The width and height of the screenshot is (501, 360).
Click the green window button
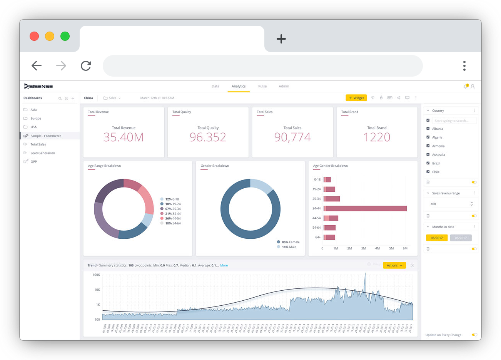[x=65, y=36]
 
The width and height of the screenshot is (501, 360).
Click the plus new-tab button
[x=281, y=39]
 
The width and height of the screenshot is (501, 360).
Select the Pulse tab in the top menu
[x=262, y=86]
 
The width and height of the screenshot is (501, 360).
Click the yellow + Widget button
[x=356, y=98]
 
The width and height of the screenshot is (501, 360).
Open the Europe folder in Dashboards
[x=35, y=118]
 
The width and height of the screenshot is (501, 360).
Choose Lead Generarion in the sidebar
[x=42, y=153]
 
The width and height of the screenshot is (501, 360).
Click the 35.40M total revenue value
[x=124, y=137]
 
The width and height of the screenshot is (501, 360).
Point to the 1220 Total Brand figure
[x=377, y=137]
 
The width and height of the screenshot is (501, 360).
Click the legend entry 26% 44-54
[x=172, y=218]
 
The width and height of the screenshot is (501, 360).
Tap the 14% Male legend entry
[x=289, y=247]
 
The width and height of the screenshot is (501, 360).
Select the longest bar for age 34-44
[x=366, y=208]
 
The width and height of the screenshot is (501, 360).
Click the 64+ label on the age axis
[x=318, y=237]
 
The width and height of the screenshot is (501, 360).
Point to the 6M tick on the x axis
[x=405, y=248]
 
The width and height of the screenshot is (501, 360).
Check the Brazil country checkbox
[x=428, y=163]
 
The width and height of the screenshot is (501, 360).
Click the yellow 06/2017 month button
[x=437, y=238]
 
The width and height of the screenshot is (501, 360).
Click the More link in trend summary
[x=224, y=265]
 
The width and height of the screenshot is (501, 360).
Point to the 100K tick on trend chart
[x=96, y=275]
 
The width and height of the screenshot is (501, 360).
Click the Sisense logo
[x=38, y=86]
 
